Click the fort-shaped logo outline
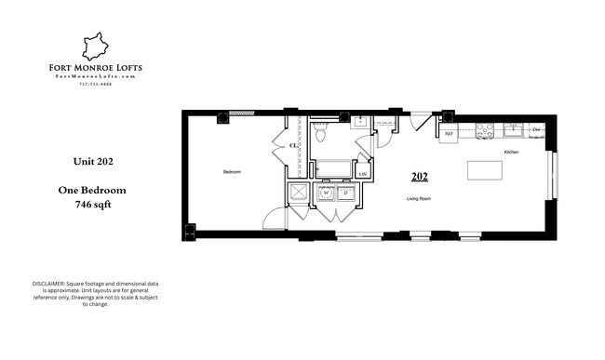point(96,47)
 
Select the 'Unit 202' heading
point(93,161)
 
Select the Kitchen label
point(511,152)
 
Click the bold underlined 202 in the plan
point(420,175)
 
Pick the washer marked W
point(325,193)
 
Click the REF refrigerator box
point(449,134)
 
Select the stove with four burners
point(485,131)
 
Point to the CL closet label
point(293,146)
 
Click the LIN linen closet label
point(362,172)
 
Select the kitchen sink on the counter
point(513,131)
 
